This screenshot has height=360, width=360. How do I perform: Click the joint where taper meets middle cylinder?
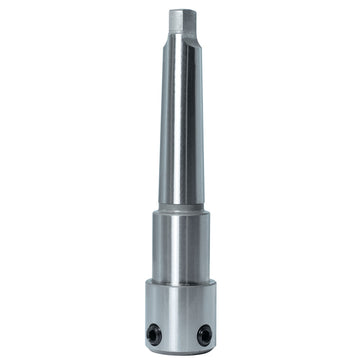[180, 208]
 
